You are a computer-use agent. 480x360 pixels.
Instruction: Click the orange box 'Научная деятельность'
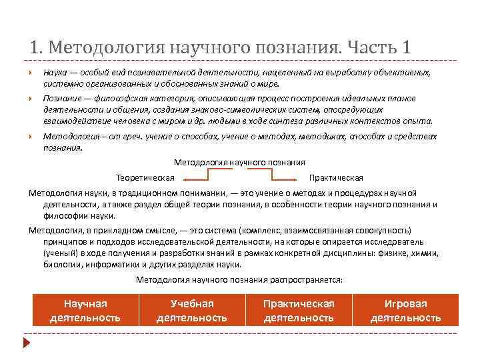pyautogui.click(x=85, y=311)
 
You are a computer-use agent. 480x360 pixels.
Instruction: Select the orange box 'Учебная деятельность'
pyautogui.click(x=192, y=311)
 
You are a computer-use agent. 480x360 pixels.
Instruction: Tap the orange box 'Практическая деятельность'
pyautogui.click(x=299, y=311)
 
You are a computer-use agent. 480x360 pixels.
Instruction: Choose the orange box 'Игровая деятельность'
pyautogui.click(x=405, y=311)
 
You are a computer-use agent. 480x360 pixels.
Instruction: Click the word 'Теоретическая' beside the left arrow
pyautogui.click(x=145, y=178)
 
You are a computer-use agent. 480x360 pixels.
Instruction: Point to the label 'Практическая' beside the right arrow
pyautogui.click(x=336, y=178)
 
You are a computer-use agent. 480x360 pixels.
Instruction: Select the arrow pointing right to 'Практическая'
pyautogui.click(x=283, y=177)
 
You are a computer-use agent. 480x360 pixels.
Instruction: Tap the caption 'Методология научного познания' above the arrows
pyautogui.click(x=239, y=162)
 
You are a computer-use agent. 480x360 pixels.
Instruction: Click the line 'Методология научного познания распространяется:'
pyautogui.click(x=239, y=279)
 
